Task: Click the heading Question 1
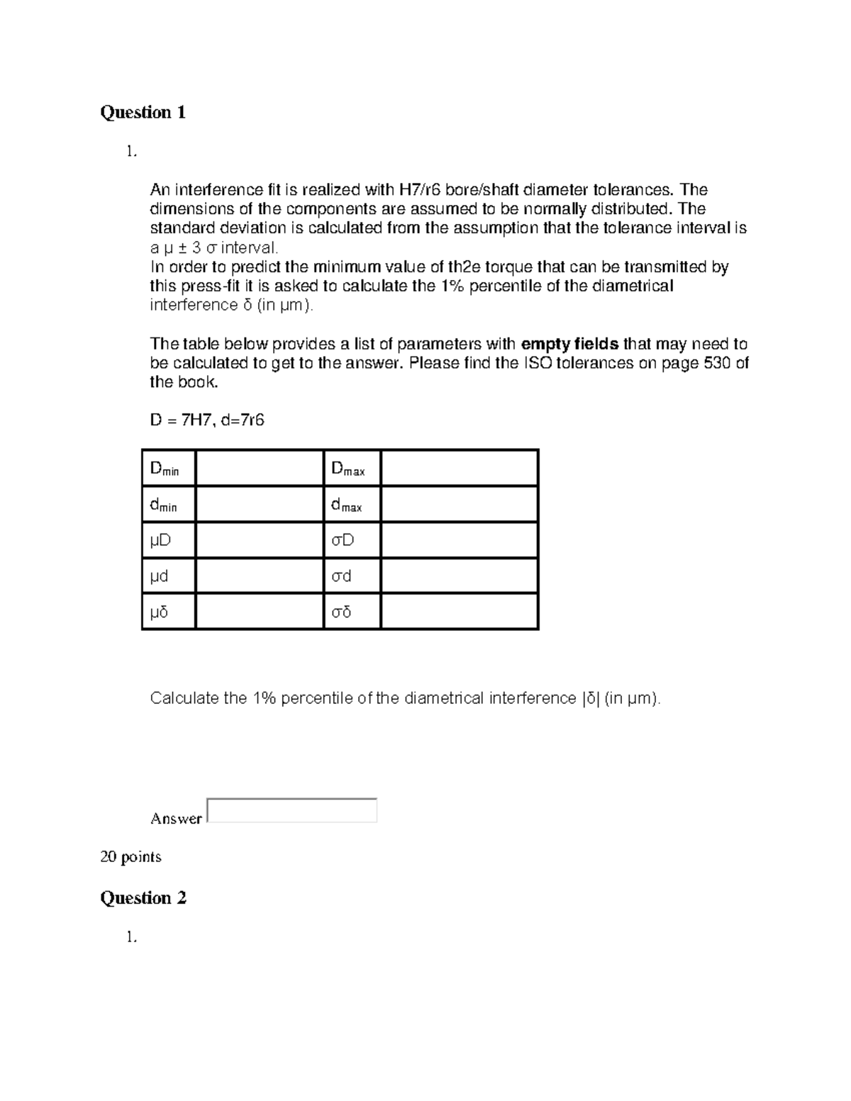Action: pos(143,112)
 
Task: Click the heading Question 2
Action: pos(143,898)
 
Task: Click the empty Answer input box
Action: pos(291,810)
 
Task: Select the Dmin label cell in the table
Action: pos(169,469)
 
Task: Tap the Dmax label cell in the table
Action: pos(352,469)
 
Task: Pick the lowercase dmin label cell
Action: pos(169,505)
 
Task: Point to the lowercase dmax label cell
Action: pos(352,505)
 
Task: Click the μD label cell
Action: pos(169,541)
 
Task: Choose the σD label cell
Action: pos(352,541)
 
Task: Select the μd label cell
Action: pos(169,576)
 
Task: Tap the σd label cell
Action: pos(352,576)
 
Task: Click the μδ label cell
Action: pos(169,612)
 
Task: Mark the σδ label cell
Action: pos(352,612)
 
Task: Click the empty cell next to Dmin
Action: pos(259,469)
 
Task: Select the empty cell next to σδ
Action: pos(459,612)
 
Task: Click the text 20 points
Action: pos(130,856)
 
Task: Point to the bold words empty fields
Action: pos(569,344)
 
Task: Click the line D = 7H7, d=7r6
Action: pos(207,420)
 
